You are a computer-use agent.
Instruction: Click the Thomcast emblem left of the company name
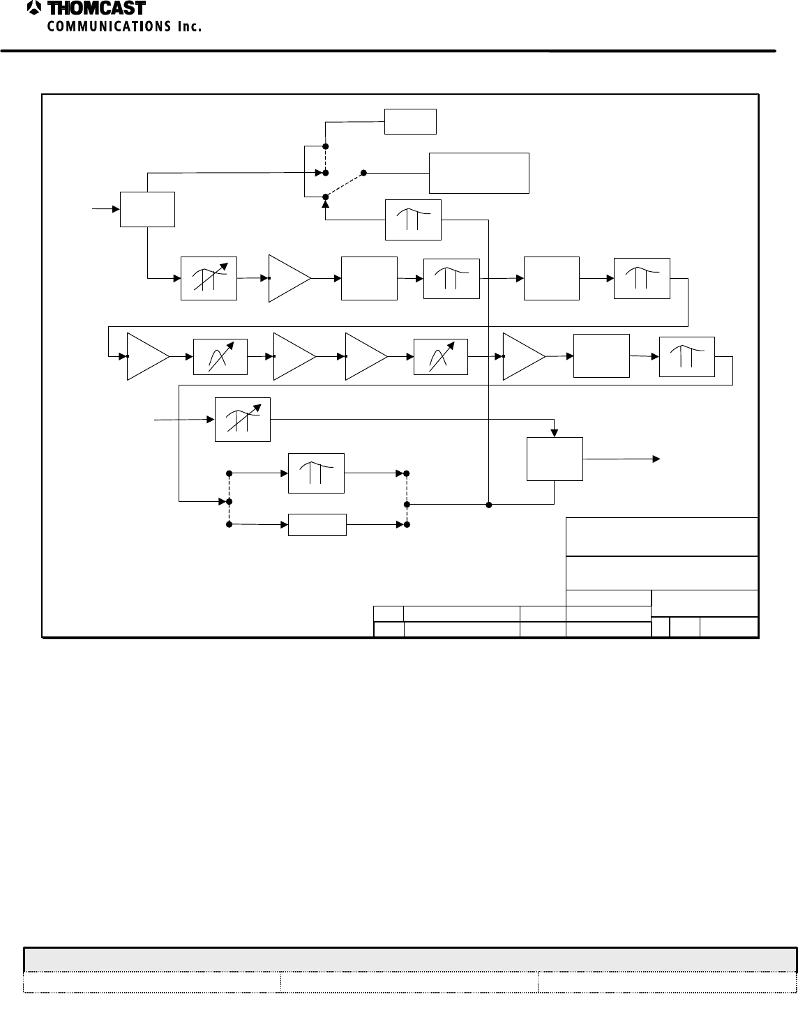33,8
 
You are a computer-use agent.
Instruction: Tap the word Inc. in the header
188,26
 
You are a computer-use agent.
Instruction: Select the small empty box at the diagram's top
411,121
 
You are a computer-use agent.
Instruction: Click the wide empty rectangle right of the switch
479,173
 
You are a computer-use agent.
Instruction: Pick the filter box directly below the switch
414,219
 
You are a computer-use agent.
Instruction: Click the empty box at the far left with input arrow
147,208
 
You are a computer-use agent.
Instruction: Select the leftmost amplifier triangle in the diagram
146,356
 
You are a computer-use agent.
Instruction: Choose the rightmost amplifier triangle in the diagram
522,356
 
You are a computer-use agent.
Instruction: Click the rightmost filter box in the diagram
686,356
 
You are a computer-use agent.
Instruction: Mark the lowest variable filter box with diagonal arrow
242,420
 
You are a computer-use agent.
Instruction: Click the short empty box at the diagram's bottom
317,524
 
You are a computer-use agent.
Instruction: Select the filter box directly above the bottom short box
316,473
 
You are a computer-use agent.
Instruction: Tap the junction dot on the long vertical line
489,503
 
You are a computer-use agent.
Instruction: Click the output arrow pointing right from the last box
656,459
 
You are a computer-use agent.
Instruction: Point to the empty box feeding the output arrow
555,459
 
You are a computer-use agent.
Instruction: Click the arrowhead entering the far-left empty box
115,208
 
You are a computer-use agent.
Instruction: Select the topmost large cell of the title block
661,536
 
